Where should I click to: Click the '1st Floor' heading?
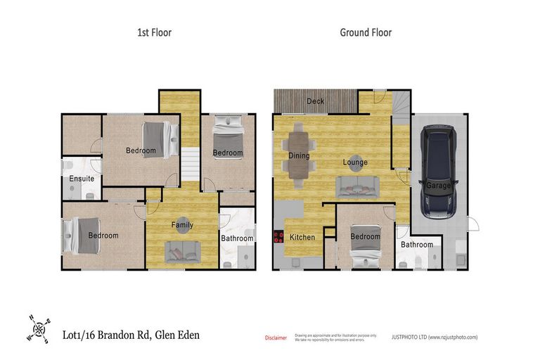point(153,32)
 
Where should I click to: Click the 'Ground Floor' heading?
point(366,32)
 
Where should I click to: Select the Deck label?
point(316,102)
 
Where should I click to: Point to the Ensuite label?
point(82,179)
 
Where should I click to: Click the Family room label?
point(182,225)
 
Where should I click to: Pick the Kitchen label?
point(302,238)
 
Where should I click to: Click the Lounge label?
point(355,162)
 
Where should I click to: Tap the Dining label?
point(300,155)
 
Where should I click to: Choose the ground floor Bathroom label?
point(418,245)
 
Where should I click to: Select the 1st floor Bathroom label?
point(237,238)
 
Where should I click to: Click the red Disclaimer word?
point(275,338)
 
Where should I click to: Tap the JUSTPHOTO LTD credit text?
point(434,337)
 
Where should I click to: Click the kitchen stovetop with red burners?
point(277,239)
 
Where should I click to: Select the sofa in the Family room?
point(181,249)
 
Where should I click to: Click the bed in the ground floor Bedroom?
point(366,246)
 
